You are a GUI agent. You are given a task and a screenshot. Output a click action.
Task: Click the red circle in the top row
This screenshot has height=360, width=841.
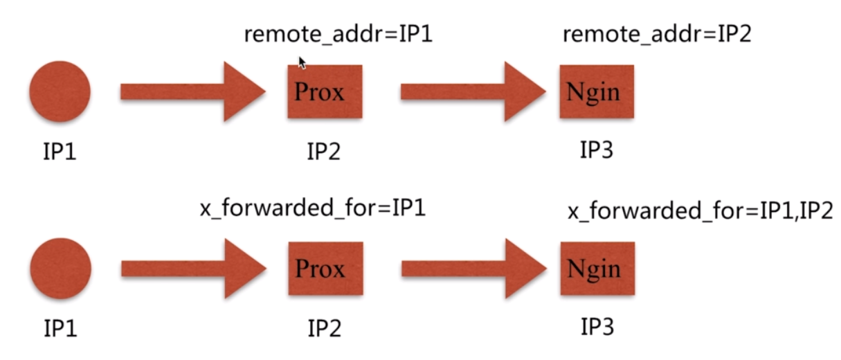pyautogui.click(x=60, y=91)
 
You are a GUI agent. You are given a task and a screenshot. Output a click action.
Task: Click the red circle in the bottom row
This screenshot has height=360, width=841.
pyautogui.click(x=60, y=269)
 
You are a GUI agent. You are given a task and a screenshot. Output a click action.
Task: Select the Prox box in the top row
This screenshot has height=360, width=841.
pyautogui.click(x=325, y=91)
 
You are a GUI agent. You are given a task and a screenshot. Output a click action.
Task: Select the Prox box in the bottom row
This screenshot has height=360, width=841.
pyautogui.click(x=325, y=269)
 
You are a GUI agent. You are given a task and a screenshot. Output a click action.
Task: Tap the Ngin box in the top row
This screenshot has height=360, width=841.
pyautogui.click(x=596, y=91)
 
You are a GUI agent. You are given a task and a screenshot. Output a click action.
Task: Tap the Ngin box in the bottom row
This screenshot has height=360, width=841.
pyautogui.click(x=597, y=269)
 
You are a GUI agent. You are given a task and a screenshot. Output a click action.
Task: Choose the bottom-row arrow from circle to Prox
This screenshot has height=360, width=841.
pyautogui.click(x=193, y=269)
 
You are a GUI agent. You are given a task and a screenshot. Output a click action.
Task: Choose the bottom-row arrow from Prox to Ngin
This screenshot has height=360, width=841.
pyautogui.click(x=473, y=269)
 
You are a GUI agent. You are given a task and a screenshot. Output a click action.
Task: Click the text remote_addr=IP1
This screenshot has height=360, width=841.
pyautogui.click(x=338, y=35)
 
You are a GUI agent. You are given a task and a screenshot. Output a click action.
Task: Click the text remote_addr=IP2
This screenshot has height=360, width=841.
pyautogui.click(x=656, y=35)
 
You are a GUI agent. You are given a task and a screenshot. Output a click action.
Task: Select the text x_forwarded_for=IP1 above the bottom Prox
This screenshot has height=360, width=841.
pyautogui.click(x=312, y=208)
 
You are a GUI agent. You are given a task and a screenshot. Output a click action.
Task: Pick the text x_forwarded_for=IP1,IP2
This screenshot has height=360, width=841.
pyautogui.click(x=700, y=213)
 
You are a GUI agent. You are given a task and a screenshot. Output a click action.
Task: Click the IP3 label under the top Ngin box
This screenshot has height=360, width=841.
pyautogui.click(x=597, y=149)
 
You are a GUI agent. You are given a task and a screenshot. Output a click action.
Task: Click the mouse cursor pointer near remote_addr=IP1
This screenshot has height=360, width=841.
pyautogui.click(x=302, y=62)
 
